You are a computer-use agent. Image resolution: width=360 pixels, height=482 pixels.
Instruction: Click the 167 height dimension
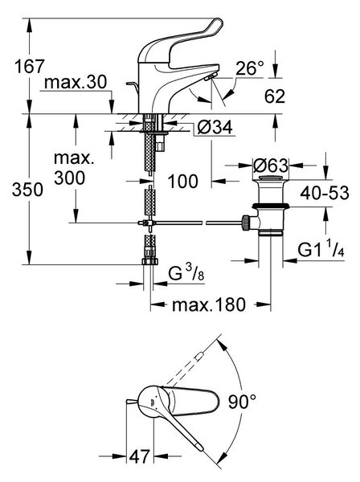point(30,66)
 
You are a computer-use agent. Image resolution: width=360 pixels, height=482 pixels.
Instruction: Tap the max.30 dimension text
point(76,82)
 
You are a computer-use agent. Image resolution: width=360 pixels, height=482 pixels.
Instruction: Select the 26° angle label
point(250,68)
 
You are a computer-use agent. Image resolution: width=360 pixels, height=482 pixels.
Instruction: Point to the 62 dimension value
point(275,96)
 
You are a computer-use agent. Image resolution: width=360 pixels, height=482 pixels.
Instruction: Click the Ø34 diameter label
point(215,127)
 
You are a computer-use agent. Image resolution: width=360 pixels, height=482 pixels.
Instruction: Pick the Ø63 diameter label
point(271,165)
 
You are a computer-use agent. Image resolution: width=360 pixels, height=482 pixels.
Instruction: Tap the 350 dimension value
point(27,190)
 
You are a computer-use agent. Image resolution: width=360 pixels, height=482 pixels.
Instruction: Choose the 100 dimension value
point(182,181)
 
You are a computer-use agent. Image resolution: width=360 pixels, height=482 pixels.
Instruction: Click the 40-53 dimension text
point(325,193)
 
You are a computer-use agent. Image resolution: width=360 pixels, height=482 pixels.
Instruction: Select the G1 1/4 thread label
point(321,249)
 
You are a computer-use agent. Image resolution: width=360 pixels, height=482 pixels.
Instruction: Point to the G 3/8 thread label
point(186,272)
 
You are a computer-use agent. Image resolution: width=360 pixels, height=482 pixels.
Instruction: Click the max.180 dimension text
point(209,304)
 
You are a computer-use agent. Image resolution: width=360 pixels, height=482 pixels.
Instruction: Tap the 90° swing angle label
point(242,402)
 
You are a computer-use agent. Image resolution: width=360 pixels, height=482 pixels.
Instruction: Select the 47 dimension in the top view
point(139,456)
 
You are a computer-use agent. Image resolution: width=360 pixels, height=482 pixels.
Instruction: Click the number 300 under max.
point(69,178)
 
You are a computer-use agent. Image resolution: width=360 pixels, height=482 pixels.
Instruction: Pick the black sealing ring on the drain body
point(271,206)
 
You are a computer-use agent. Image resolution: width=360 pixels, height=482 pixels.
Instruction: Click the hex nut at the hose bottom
point(150,262)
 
